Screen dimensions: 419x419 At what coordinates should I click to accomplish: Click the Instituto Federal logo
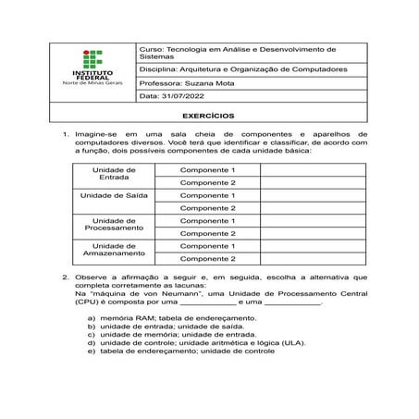[91, 69]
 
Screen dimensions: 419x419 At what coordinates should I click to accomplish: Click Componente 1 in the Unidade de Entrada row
[207, 170]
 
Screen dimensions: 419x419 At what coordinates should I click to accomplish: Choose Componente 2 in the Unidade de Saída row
[207, 208]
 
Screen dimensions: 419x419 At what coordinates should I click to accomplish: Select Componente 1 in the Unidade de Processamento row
[207, 221]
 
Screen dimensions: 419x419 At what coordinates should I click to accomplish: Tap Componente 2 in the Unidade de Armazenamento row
[207, 259]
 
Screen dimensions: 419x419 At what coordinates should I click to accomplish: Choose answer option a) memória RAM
[171, 318]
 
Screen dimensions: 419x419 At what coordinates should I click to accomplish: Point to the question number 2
[65, 277]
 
